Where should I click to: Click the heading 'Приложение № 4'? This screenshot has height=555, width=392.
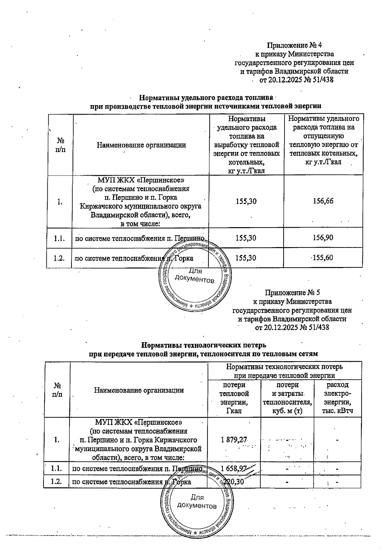click(x=295, y=45)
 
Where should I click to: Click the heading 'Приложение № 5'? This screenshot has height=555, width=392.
click(x=292, y=292)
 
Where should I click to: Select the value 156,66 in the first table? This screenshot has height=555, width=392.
click(x=323, y=201)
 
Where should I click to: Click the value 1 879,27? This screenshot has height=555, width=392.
click(x=234, y=440)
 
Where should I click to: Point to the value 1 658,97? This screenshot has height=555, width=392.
click(x=234, y=469)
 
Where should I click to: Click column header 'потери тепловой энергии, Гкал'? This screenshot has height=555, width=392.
click(x=234, y=398)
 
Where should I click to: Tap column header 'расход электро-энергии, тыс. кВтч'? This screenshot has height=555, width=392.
click(x=337, y=398)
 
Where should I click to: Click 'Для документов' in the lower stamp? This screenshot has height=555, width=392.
click(x=196, y=502)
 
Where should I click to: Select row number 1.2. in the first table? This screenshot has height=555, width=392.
click(x=59, y=258)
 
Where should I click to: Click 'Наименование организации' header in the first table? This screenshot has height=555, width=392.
click(x=141, y=145)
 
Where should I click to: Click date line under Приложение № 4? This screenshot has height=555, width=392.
click(x=296, y=79)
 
